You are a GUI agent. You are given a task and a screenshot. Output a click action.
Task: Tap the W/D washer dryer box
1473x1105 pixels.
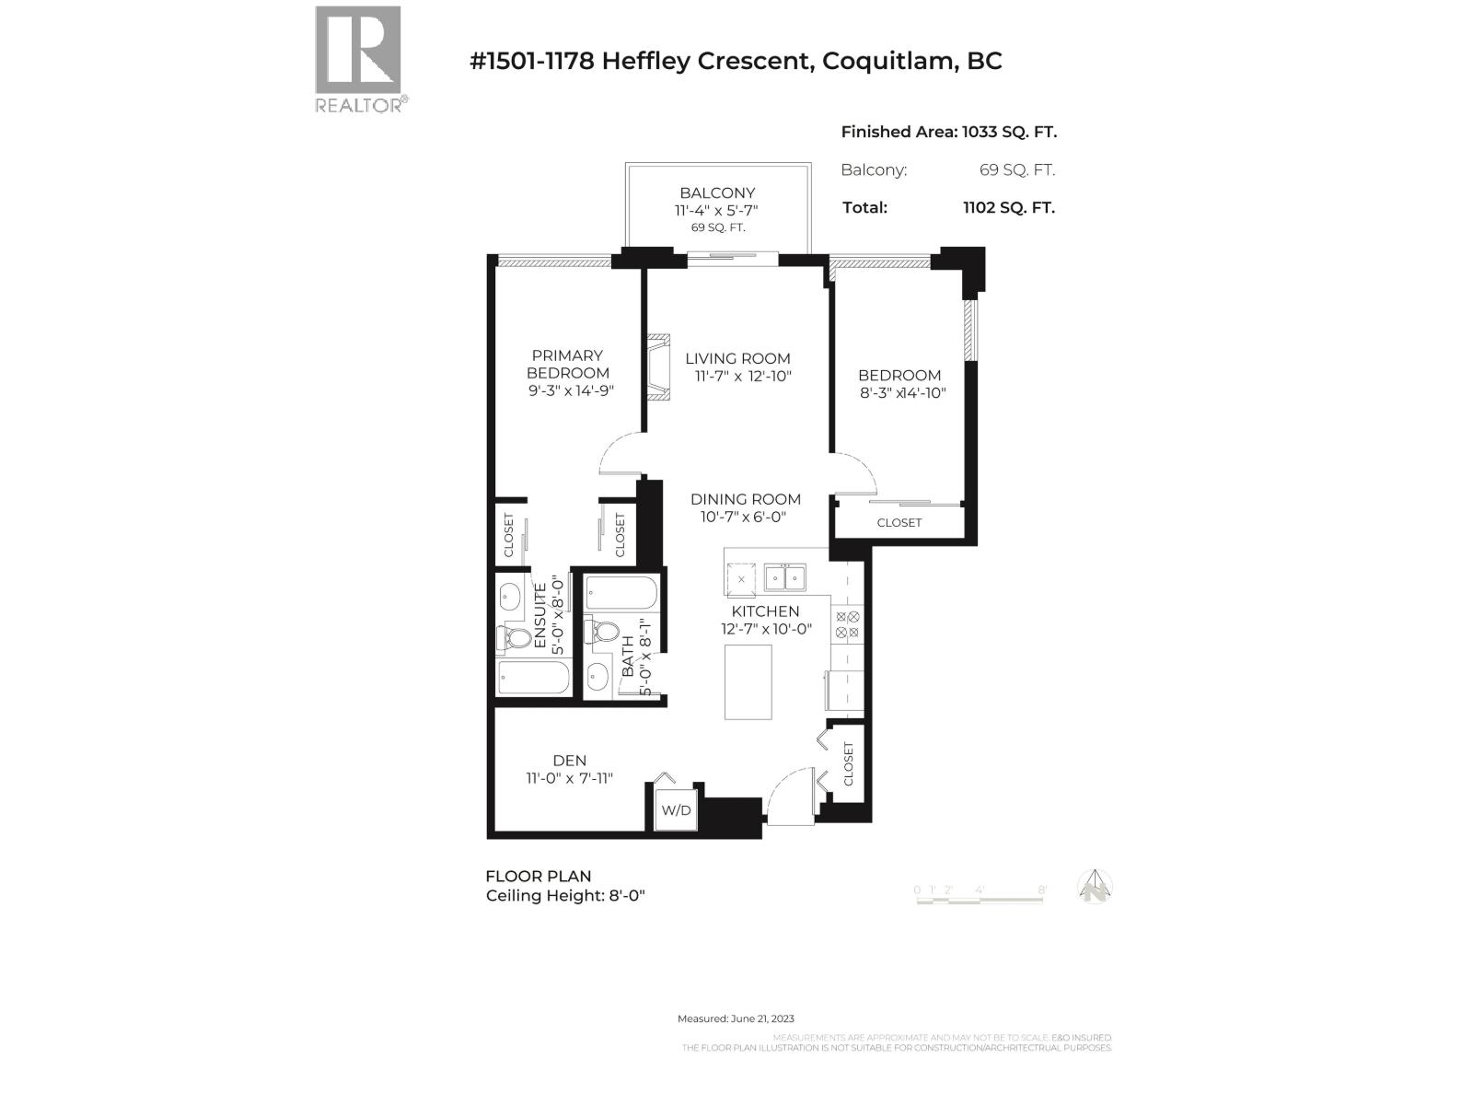[x=676, y=811]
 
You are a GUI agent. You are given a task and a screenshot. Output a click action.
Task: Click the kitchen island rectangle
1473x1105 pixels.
[x=748, y=681]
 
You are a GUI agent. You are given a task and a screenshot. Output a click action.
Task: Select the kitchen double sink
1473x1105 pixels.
[x=784, y=578]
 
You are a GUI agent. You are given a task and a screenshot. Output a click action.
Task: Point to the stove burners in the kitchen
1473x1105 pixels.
[x=846, y=625]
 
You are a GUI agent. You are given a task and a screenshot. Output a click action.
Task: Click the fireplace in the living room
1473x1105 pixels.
[x=658, y=366]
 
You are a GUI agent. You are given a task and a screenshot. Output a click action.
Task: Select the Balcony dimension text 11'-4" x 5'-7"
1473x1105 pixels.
[x=717, y=211]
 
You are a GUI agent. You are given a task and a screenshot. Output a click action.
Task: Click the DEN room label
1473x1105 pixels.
[x=569, y=761]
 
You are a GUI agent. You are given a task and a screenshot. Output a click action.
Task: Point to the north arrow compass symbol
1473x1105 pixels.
[x=1095, y=887]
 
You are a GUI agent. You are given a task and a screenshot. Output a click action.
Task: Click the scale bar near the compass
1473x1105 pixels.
[x=980, y=898]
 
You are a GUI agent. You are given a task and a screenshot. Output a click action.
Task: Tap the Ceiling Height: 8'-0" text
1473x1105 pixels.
[x=565, y=896]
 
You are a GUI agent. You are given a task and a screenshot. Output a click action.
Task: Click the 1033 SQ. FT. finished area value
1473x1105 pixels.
[x=1009, y=132]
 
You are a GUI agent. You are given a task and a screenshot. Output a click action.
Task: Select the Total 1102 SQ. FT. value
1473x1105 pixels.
[x=1008, y=208]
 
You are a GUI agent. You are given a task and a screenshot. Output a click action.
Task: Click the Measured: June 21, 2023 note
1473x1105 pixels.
[x=736, y=1018]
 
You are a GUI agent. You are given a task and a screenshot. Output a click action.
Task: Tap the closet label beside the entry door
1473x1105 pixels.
[x=848, y=764]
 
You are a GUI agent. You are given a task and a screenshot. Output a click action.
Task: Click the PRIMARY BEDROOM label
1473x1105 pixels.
[x=568, y=364]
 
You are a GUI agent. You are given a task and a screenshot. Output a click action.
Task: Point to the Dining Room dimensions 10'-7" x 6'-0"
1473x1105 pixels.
[x=743, y=518]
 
